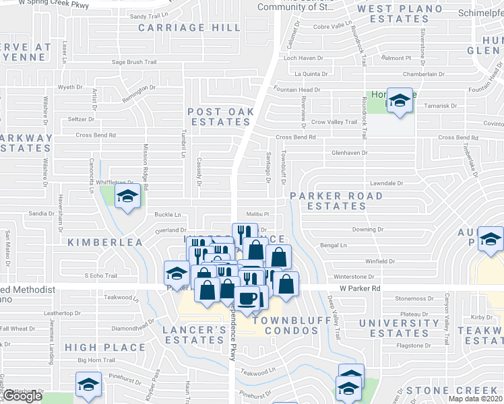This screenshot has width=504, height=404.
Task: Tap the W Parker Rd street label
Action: [x=361, y=288]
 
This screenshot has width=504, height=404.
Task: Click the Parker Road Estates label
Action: [x=336, y=201]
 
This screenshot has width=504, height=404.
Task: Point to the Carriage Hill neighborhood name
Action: [x=189, y=28]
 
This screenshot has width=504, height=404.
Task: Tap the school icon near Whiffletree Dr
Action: [x=126, y=197]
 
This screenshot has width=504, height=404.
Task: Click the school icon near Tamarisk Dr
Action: [x=400, y=102]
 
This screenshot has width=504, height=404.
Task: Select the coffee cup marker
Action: [x=247, y=298]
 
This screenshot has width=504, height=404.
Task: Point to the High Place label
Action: [x=105, y=347]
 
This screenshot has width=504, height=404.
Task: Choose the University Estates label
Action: [x=394, y=328]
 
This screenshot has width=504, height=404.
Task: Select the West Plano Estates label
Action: [x=392, y=13]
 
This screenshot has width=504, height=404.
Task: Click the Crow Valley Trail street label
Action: [x=334, y=122]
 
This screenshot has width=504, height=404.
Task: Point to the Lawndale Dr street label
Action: [x=386, y=182]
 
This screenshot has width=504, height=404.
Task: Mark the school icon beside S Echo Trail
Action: [x=177, y=274]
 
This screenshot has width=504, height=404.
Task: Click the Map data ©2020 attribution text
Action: [x=475, y=399]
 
